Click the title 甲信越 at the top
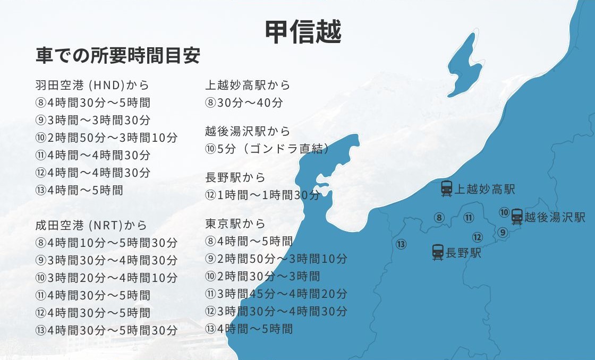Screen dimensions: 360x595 303,31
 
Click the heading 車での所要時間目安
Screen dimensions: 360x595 118,56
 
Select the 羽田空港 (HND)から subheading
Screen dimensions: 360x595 92,85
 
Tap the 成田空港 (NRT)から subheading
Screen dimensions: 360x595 91,225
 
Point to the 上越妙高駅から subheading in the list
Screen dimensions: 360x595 248,85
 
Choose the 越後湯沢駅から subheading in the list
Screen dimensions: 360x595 248,131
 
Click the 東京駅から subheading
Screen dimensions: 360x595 235,224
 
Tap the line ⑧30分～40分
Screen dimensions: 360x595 244,102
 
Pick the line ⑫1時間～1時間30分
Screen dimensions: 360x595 262,195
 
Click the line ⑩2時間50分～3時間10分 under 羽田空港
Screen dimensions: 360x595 106,138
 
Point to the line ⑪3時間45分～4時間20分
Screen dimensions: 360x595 276,294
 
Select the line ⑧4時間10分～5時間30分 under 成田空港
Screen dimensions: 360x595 106,243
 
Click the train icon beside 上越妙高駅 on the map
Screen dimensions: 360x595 447,188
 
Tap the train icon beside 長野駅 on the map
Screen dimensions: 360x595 438,252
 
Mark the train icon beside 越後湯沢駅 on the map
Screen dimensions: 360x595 516,217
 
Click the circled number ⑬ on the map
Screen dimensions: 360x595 401,244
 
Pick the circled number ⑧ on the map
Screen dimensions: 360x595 439,217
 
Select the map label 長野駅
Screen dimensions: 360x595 463,253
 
